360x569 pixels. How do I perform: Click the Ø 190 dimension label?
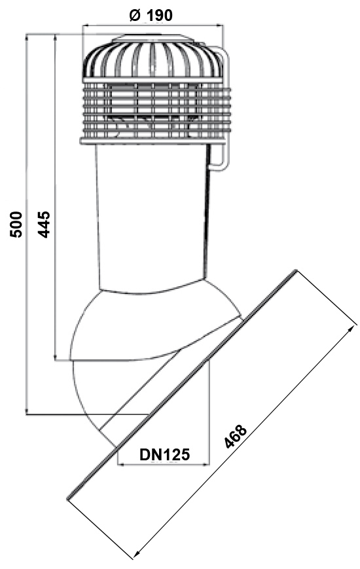click(151, 15)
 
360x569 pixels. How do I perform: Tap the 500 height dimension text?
click(16, 225)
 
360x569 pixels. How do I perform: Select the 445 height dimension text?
click(44, 225)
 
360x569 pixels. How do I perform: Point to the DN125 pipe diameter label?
click(164, 454)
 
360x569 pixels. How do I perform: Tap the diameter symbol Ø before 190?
click(135, 15)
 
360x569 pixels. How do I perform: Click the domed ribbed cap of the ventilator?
click(153, 58)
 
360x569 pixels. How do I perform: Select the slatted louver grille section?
click(155, 109)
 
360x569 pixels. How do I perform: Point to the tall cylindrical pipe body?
click(151, 214)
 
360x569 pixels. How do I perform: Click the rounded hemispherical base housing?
click(153, 327)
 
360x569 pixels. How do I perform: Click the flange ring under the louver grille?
click(153, 141)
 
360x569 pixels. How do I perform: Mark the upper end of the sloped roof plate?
click(295, 270)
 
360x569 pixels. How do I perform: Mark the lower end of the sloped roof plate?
click(68, 499)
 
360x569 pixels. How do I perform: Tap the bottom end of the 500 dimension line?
click(27, 414)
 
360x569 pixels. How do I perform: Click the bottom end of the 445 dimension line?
click(55, 360)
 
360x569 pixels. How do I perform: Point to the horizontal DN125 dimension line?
click(164, 464)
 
